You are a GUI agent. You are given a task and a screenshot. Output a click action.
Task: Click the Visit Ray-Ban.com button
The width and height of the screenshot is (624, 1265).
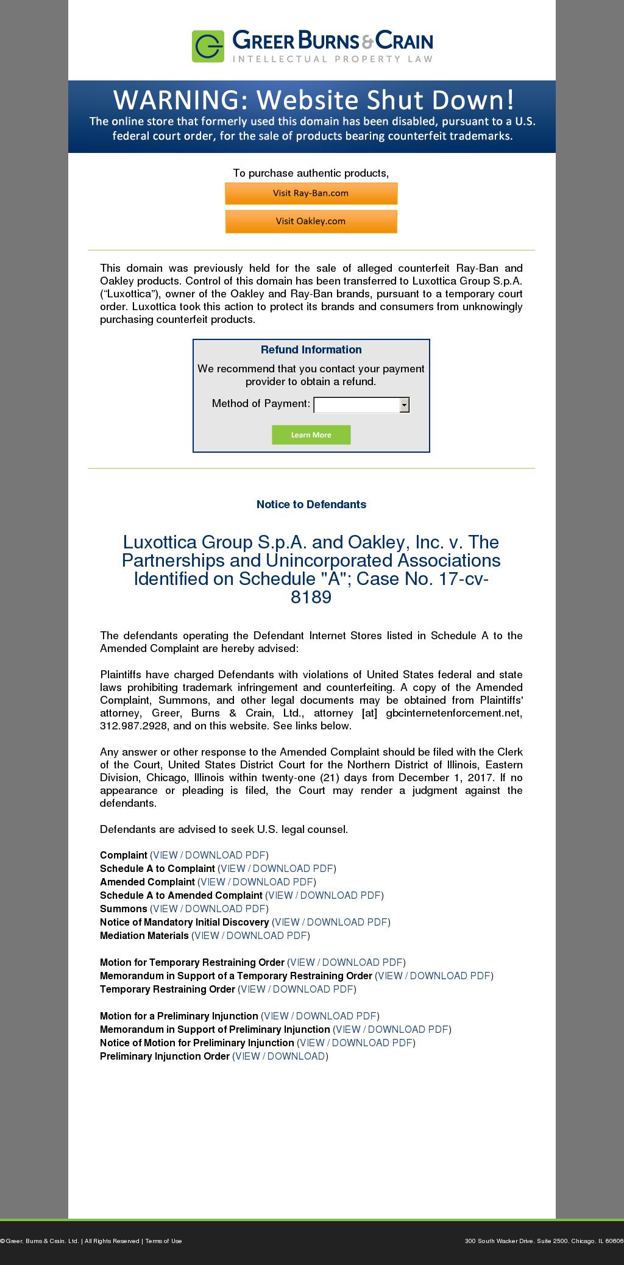pyautogui.click(x=311, y=194)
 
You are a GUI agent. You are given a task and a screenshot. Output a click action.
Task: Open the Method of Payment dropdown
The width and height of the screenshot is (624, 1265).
pyautogui.click(x=361, y=405)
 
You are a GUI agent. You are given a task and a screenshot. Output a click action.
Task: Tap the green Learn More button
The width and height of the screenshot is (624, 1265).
pyautogui.click(x=311, y=435)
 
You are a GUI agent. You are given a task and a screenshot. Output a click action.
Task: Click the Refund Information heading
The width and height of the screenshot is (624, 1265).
pyautogui.click(x=311, y=350)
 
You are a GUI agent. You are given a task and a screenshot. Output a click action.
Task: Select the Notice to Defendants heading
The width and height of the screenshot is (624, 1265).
pyautogui.click(x=311, y=505)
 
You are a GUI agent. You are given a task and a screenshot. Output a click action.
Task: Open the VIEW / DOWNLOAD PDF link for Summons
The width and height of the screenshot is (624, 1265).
pyautogui.click(x=209, y=909)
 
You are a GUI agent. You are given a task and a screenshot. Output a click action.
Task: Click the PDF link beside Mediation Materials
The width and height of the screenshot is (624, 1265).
pyautogui.click(x=250, y=935)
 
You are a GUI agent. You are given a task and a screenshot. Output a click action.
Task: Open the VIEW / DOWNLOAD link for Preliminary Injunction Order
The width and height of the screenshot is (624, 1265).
pyautogui.click(x=280, y=1056)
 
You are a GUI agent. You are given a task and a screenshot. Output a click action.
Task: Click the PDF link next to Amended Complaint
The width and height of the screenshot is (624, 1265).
pyautogui.click(x=257, y=882)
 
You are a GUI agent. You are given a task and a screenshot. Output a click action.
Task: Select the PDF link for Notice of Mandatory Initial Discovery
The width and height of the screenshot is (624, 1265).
pyautogui.click(x=331, y=922)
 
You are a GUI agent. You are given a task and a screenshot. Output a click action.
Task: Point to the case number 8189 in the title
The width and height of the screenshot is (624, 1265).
pyautogui.click(x=311, y=597)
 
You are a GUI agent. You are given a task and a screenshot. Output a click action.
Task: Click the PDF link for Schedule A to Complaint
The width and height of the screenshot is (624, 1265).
pyautogui.click(x=277, y=868)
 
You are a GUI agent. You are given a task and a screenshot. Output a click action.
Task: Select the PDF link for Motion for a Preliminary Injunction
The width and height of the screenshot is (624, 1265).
pyautogui.click(x=320, y=1016)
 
